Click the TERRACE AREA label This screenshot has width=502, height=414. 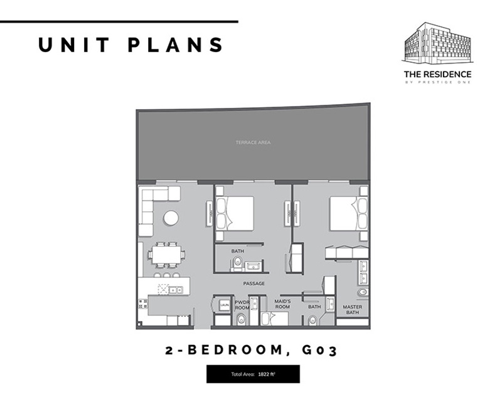point(253,143)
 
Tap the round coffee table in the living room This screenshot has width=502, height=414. point(171,218)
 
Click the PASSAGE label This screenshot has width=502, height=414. point(254,284)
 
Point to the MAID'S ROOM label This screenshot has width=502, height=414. point(282,304)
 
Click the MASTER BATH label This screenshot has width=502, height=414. point(351,309)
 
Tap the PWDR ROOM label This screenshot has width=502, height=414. point(242,304)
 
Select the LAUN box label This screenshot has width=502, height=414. point(224,305)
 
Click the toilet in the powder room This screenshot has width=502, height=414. point(242,320)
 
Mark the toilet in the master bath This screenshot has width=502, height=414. point(362,292)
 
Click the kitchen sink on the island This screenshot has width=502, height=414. point(174,290)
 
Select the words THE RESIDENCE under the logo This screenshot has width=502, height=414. point(437,74)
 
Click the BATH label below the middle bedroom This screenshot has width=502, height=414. point(237,252)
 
